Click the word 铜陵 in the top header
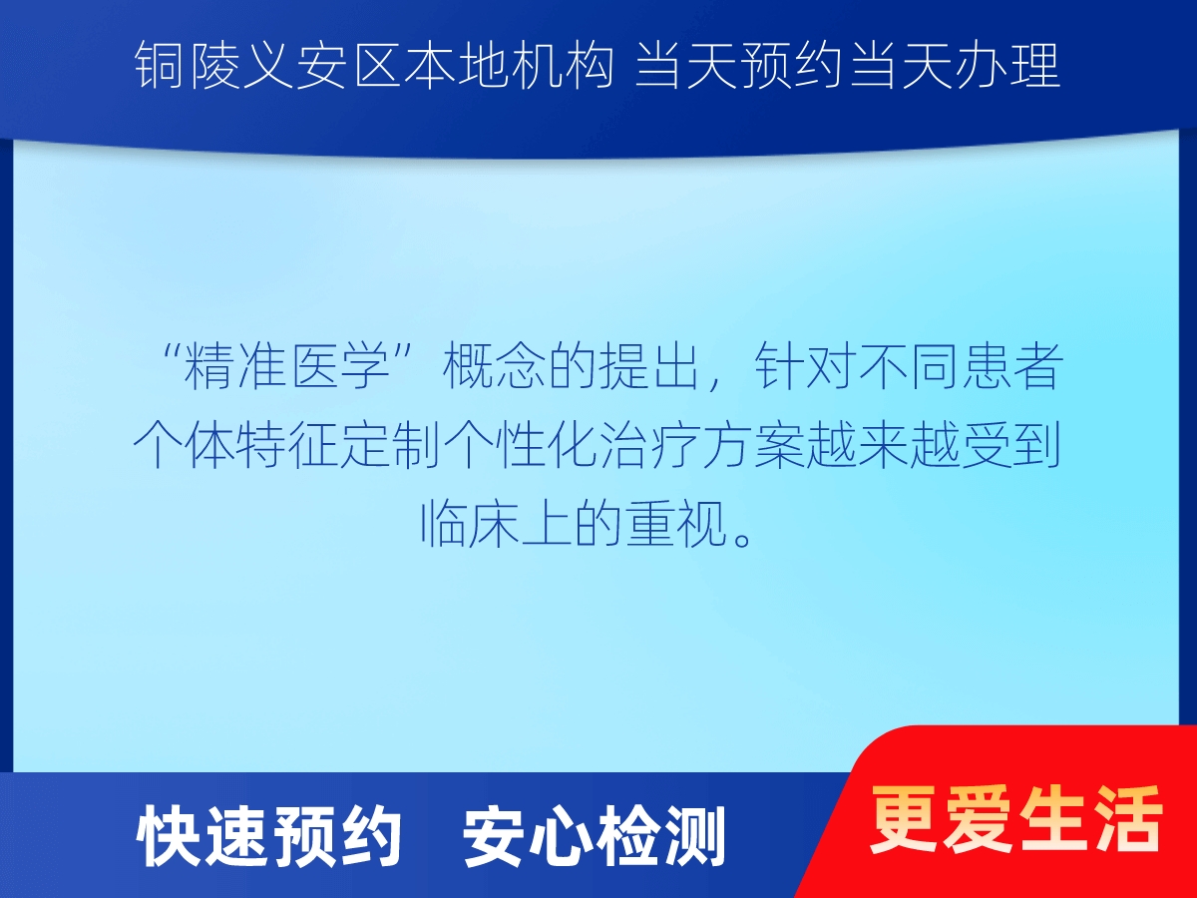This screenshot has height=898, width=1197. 186,66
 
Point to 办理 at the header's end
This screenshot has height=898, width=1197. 1007,66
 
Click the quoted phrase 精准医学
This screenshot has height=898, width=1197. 287,366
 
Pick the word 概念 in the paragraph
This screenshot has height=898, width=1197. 495,366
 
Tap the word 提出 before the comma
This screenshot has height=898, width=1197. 650,366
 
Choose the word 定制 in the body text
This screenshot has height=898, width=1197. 390,444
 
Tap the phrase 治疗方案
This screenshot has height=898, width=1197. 702,444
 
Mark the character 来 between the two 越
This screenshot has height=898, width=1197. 883,444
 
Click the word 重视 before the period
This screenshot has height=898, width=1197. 676,524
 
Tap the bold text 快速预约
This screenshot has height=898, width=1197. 268,837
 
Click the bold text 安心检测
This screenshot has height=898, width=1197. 594,837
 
